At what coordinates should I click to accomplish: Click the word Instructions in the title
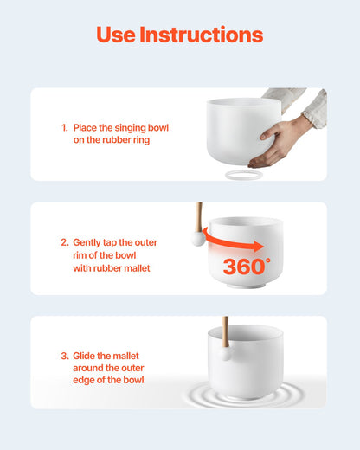pos(202,35)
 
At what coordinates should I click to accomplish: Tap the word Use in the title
pos(116,35)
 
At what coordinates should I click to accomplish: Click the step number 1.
pos(65,128)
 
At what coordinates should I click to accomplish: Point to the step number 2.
pos(65,242)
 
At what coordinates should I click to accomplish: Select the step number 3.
pos(65,356)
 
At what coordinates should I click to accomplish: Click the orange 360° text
pos(247,267)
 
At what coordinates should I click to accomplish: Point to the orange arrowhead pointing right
pos(259,247)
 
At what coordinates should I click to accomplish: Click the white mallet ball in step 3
pos(226,354)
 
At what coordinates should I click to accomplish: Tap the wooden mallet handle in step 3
pos(225,331)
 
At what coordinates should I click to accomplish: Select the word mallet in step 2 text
pos(137,268)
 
